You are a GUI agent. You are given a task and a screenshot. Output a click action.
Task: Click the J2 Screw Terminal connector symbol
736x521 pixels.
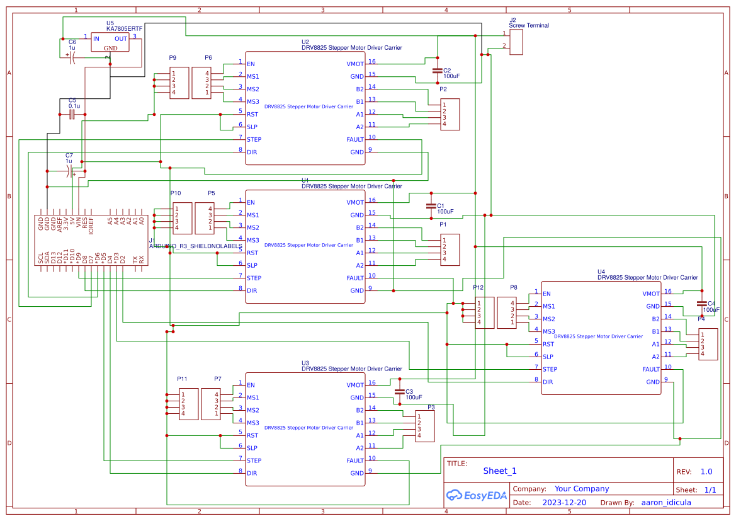[516, 42]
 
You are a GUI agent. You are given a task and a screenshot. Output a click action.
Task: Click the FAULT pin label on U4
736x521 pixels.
[651, 369]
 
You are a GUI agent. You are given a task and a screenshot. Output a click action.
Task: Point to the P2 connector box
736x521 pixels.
[450, 114]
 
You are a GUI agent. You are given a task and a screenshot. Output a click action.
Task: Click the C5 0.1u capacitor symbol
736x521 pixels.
[72, 115]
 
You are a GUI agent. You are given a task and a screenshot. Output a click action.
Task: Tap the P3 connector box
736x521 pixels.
[426, 427]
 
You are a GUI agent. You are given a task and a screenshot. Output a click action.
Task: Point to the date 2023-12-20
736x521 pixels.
[564, 503]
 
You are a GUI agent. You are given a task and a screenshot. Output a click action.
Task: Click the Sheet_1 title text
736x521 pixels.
[499, 471]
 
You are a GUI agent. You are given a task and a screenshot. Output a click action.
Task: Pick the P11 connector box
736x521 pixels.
[188, 404]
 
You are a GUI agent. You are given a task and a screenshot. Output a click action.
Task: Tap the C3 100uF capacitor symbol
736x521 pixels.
[399, 391]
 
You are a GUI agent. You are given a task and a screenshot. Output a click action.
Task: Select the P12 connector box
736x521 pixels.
[484, 312]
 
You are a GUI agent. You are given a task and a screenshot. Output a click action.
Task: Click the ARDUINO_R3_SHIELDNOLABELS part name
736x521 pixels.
[195, 246]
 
